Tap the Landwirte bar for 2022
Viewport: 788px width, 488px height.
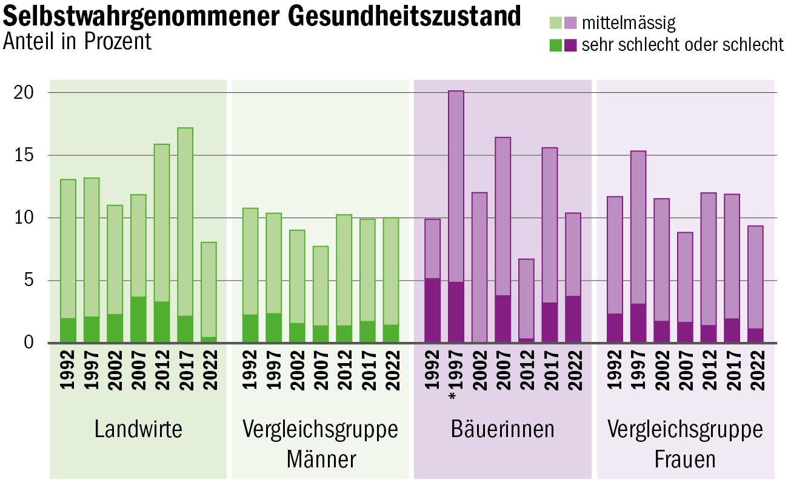[x=209, y=291]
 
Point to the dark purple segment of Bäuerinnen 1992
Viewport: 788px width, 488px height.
[x=432, y=310]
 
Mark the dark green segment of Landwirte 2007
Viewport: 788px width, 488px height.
[x=138, y=319]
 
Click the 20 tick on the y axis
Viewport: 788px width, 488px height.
[x=24, y=93]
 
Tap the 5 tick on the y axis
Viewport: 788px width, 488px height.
[x=28, y=281]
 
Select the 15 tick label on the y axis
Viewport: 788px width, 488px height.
[x=24, y=155]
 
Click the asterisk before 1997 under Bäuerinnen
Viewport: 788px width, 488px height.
[x=452, y=397]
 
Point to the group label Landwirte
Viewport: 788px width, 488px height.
[x=138, y=429]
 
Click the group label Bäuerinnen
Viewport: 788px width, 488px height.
[x=503, y=429]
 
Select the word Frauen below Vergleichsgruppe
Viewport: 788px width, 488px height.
[x=685, y=460]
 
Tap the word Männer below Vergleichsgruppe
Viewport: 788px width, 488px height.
[x=321, y=460]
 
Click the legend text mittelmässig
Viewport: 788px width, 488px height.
[x=628, y=24]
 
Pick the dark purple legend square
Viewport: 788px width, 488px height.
[x=570, y=45]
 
